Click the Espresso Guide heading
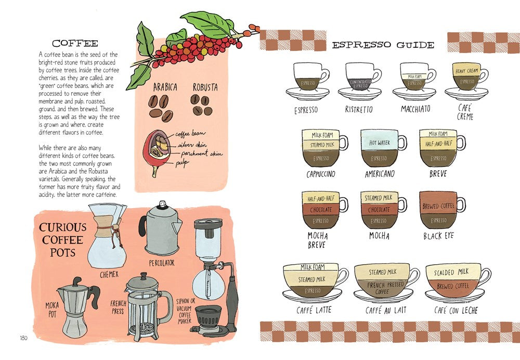pos(383,45)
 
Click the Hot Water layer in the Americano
pos(379,143)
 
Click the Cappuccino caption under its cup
pos(320,174)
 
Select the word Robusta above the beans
pos(205,87)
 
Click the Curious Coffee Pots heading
pos(62,240)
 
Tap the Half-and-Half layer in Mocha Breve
pos(320,199)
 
